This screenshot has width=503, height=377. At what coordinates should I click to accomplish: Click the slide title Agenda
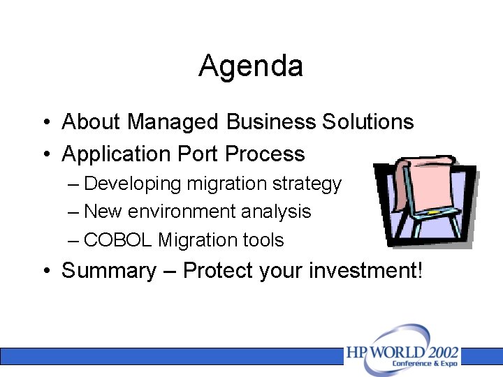point(251,67)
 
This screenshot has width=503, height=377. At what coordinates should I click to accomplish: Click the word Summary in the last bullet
point(109,271)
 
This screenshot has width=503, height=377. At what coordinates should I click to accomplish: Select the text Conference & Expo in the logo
point(425,364)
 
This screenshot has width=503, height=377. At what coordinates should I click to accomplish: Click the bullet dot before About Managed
point(45,123)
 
